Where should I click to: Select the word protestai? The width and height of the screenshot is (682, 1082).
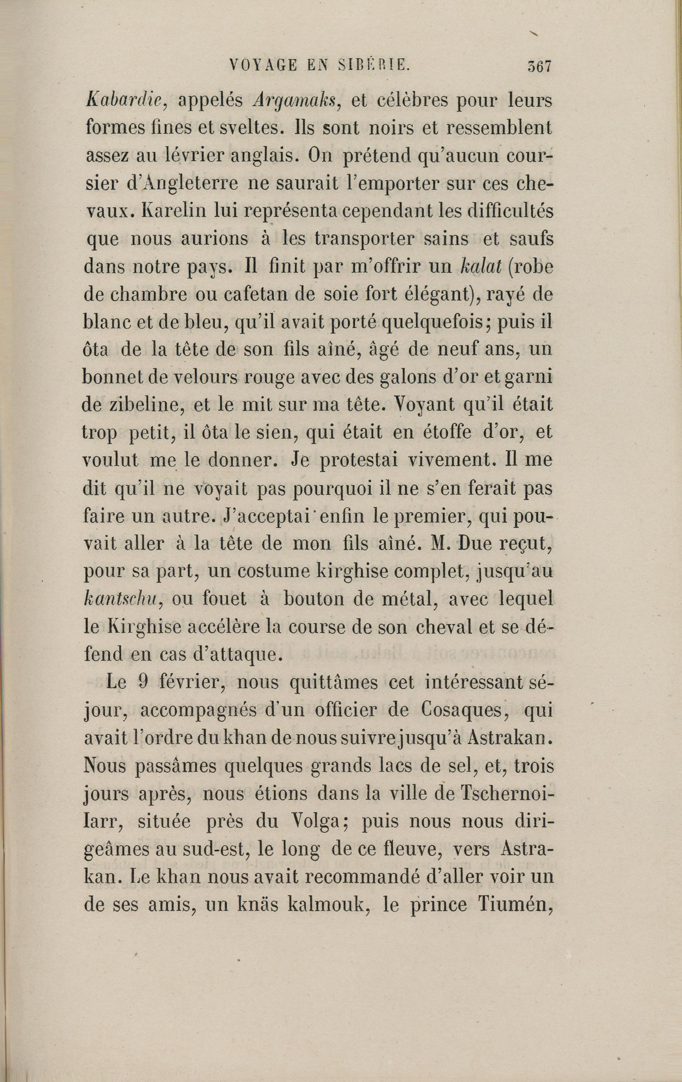click(x=365, y=461)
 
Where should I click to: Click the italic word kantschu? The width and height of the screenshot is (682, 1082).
click(x=119, y=600)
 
